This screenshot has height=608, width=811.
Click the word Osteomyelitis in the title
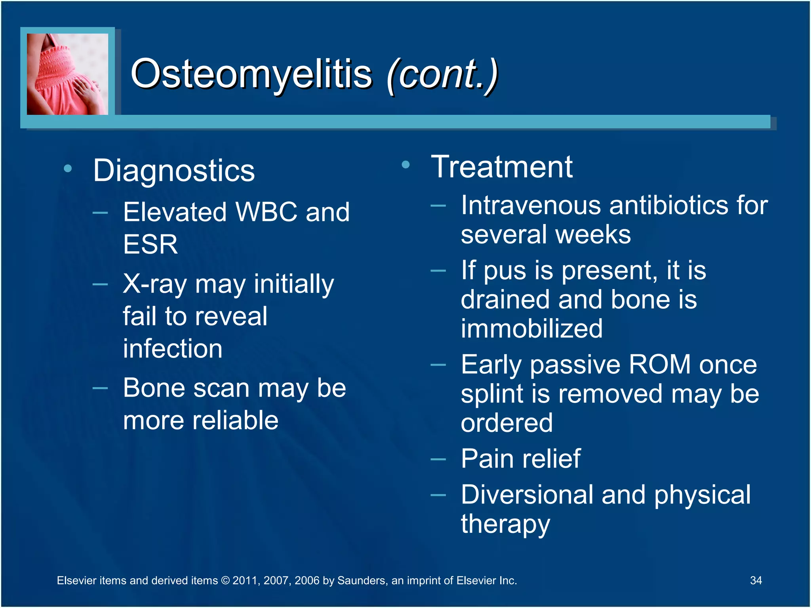251,74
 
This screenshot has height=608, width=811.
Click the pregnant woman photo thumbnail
67,74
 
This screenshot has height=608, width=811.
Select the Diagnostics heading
174,171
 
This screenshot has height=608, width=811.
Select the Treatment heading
501,167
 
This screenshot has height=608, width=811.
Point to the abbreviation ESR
150,244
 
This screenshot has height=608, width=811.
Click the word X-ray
154,284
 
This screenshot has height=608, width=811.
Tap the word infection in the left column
173,349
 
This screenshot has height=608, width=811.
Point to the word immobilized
531,329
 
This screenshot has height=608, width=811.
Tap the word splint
492,394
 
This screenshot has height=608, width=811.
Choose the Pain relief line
520,459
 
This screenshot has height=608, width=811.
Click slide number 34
756,580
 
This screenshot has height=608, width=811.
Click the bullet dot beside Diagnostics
68,169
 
